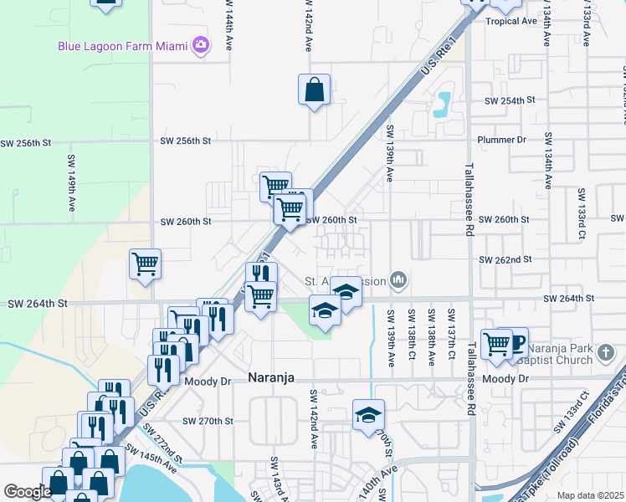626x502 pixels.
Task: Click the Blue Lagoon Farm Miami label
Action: tap(122, 46)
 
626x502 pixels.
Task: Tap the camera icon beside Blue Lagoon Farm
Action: tap(200, 45)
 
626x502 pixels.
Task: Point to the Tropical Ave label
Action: tap(511, 21)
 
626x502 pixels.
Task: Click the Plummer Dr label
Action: tap(501, 140)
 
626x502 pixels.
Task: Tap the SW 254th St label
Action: tap(510, 100)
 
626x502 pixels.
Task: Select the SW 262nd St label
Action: tap(505, 260)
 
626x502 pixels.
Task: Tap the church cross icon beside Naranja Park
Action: tap(608, 355)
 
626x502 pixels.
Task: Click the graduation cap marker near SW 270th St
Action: tap(368, 415)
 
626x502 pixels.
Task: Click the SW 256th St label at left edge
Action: tap(26, 143)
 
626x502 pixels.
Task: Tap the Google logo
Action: tap(27, 492)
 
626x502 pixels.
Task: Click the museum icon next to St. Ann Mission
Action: tap(399, 280)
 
